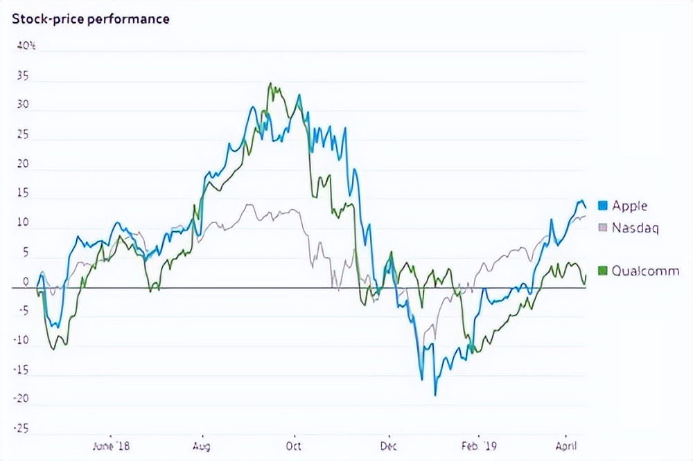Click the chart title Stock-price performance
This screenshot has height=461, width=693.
(91, 19)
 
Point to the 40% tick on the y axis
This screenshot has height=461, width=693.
(27, 46)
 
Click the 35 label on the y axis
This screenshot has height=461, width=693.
(23, 77)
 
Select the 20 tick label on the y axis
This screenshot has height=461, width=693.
(23, 164)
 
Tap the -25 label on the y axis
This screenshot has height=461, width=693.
(21, 429)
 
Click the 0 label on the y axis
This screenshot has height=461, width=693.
(26, 282)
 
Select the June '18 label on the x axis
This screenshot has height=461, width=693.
(112, 446)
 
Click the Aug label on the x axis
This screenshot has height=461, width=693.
(202, 446)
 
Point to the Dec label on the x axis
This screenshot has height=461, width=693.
(389, 446)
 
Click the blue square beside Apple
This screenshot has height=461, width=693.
(602, 206)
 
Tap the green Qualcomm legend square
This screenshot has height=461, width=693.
(602, 271)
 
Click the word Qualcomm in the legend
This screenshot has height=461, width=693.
(645, 271)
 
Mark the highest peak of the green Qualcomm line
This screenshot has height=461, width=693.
(271, 84)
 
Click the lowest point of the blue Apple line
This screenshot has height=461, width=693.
(435, 395)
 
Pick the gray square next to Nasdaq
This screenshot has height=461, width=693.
(602, 227)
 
